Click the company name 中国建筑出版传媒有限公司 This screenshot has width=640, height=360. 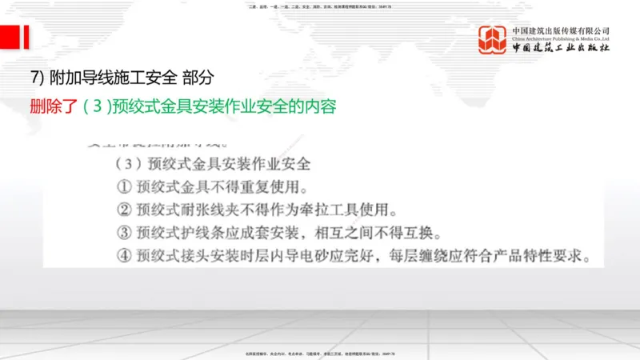click(561, 30)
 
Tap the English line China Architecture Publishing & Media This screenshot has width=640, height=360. click(561, 38)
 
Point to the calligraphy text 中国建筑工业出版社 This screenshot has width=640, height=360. click(561, 48)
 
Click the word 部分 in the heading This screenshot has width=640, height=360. click(198, 78)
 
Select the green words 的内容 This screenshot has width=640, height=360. click(312, 106)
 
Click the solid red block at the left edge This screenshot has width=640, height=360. click(10, 38)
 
